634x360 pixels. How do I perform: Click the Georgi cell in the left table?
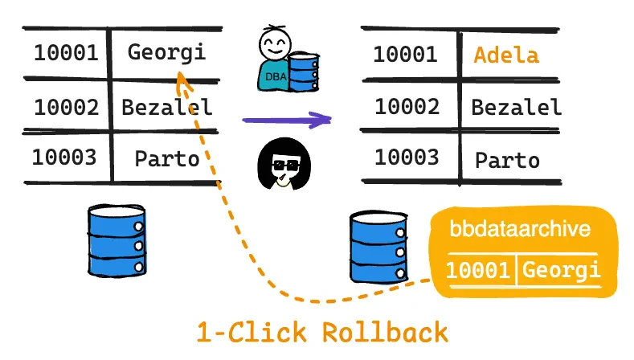pyautogui.click(x=166, y=53)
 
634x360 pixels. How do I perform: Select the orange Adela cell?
pyautogui.click(x=506, y=55)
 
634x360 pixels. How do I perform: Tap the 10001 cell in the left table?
pyautogui.click(x=65, y=53)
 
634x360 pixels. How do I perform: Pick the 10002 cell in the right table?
pyautogui.click(x=407, y=106)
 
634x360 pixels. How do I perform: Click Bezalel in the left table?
pyautogui.click(x=166, y=106)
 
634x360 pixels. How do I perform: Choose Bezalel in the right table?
pyautogui.click(x=516, y=106)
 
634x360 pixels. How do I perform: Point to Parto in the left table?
pyautogui.click(x=166, y=157)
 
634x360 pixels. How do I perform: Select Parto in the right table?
pyautogui.click(x=507, y=160)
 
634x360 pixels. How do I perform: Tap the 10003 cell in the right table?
pyautogui.click(x=407, y=157)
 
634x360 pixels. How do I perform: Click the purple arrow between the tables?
pyautogui.click(x=287, y=121)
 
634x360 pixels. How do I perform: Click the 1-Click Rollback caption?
pyautogui.click(x=322, y=332)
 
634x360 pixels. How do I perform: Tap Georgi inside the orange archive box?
pyautogui.click(x=561, y=270)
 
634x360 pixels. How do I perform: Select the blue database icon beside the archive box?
pyautogui.click(x=377, y=247)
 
